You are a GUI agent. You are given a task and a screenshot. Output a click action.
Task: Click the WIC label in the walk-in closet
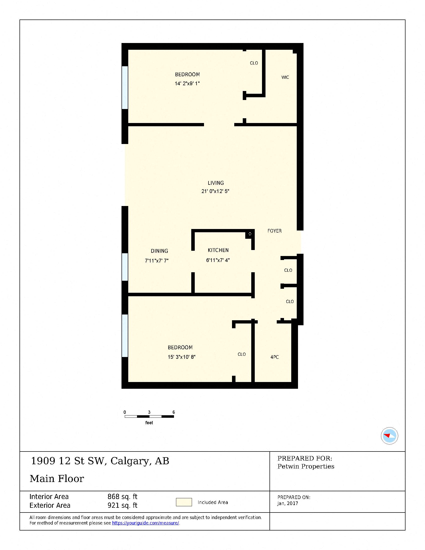tap(285, 77)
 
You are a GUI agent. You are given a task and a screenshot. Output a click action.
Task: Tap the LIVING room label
tap(215, 183)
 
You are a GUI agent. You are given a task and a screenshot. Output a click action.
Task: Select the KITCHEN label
tap(218, 250)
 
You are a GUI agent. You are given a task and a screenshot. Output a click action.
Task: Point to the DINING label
tap(159, 251)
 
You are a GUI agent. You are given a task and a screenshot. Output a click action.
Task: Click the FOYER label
tap(274, 231)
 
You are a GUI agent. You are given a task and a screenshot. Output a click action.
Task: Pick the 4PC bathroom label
tap(274, 357)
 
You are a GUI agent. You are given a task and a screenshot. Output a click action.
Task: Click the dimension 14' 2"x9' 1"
tap(187, 83)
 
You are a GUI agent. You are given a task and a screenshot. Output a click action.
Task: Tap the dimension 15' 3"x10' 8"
tap(181, 357)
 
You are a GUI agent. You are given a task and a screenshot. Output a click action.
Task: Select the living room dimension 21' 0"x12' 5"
tap(215, 191)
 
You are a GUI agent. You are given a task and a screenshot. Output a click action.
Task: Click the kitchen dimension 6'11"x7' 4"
tap(218, 260)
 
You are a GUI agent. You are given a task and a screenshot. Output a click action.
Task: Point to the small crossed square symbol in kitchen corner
tap(250, 234)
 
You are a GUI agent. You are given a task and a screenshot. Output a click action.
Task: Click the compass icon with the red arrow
tap(389, 436)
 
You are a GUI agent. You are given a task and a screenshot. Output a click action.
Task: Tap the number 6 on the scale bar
tap(174, 412)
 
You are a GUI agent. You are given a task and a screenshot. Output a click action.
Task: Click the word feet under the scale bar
tap(149, 423)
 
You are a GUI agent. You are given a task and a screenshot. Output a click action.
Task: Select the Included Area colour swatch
tap(184, 502)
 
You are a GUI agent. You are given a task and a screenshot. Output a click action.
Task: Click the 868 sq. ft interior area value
tap(122, 496)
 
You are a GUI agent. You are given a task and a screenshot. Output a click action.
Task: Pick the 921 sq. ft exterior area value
tap(122, 505)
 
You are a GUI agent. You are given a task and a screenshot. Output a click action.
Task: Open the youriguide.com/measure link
tap(145, 523)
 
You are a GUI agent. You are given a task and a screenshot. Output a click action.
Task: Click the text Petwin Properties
tap(306, 466)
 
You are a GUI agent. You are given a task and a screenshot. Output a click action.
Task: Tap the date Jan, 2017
tap(287, 503)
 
